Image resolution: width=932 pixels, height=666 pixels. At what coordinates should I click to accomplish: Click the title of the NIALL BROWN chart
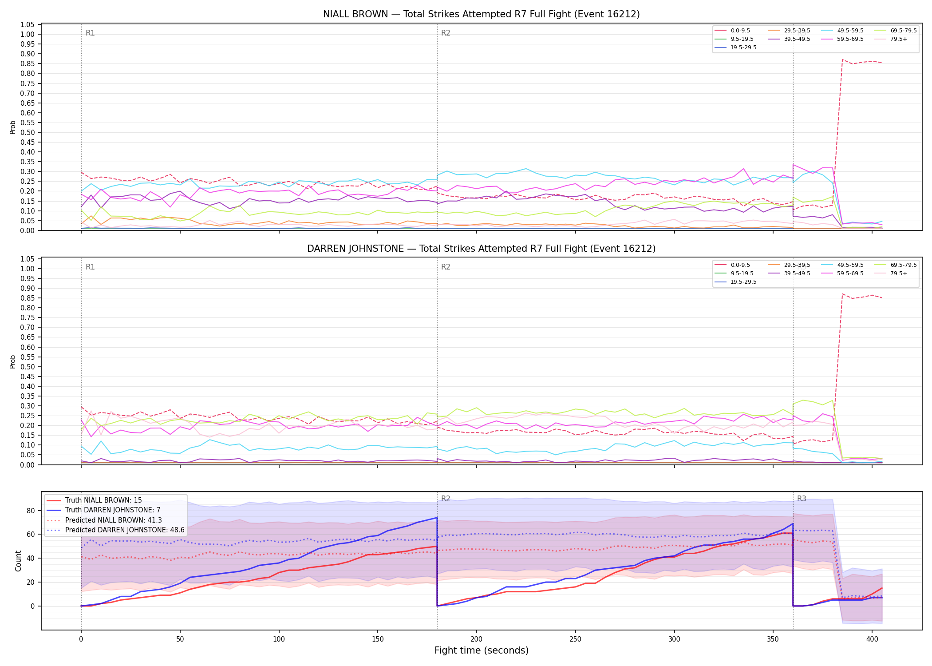(x=481, y=14)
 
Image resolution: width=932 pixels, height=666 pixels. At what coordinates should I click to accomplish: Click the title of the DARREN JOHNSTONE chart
(x=481, y=249)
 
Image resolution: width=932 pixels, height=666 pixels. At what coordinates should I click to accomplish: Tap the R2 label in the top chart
(x=446, y=33)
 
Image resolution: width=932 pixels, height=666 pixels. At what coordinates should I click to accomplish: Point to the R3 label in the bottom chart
(x=802, y=499)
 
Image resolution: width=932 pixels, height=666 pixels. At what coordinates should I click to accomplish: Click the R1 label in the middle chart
(x=90, y=267)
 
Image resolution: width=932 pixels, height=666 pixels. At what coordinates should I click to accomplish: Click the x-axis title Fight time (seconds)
(x=482, y=650)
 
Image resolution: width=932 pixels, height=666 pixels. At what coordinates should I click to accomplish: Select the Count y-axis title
(x=18, y=561)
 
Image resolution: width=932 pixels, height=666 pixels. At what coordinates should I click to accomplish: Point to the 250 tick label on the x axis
(x=575, y=639)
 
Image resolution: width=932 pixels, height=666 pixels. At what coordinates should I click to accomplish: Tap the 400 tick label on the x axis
(x=872, y=639)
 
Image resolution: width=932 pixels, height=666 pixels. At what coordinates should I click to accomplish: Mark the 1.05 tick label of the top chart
(x=28, y=24)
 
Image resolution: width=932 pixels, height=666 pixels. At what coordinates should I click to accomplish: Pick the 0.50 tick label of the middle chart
(x=28, y=367)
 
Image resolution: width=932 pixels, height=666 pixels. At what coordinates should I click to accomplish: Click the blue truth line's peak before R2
(x=437, y=518)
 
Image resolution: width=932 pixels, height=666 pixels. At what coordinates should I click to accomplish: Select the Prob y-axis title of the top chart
(x=13, y=127)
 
